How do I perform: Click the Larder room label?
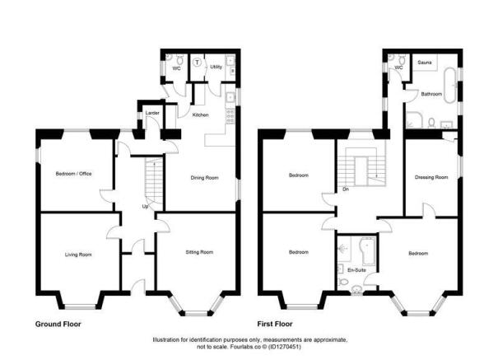point(152,113)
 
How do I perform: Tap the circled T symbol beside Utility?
point(198,61)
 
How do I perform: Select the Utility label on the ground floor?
point(216,66)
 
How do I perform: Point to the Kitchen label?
point(200,115)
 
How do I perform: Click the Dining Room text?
point(204,177)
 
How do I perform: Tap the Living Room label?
point(78,255)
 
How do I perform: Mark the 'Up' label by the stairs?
point(147,206)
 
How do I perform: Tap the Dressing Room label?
point(430,176)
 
